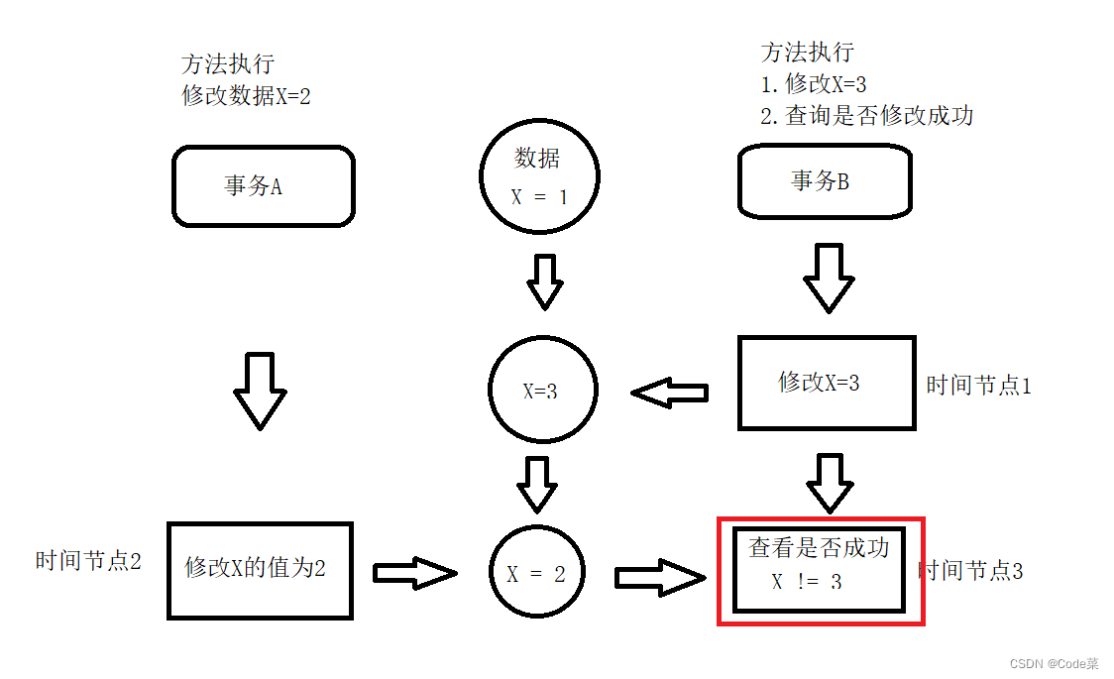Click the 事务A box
[x=263, y=186]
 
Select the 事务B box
[x=825, y=180]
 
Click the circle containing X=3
[x=542, y=390]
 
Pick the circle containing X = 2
[x=537, y=573]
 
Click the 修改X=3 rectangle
[x=827, y=383]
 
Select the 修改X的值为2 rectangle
[x=260, y=570]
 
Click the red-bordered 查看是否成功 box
[x=820, y=570]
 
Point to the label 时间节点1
[x=978, y=386]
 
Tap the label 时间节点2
[x=88, y=561]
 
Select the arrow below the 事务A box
[x=260, y=390]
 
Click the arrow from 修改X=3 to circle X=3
[x=670, y=394]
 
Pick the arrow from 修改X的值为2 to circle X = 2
[x=414, y=572]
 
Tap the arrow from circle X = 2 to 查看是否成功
[x=658, y=577]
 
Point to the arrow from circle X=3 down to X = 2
[x=537, y=483]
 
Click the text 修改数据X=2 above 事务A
[x=246, y=96]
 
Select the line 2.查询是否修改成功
[x=866, y=116]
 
